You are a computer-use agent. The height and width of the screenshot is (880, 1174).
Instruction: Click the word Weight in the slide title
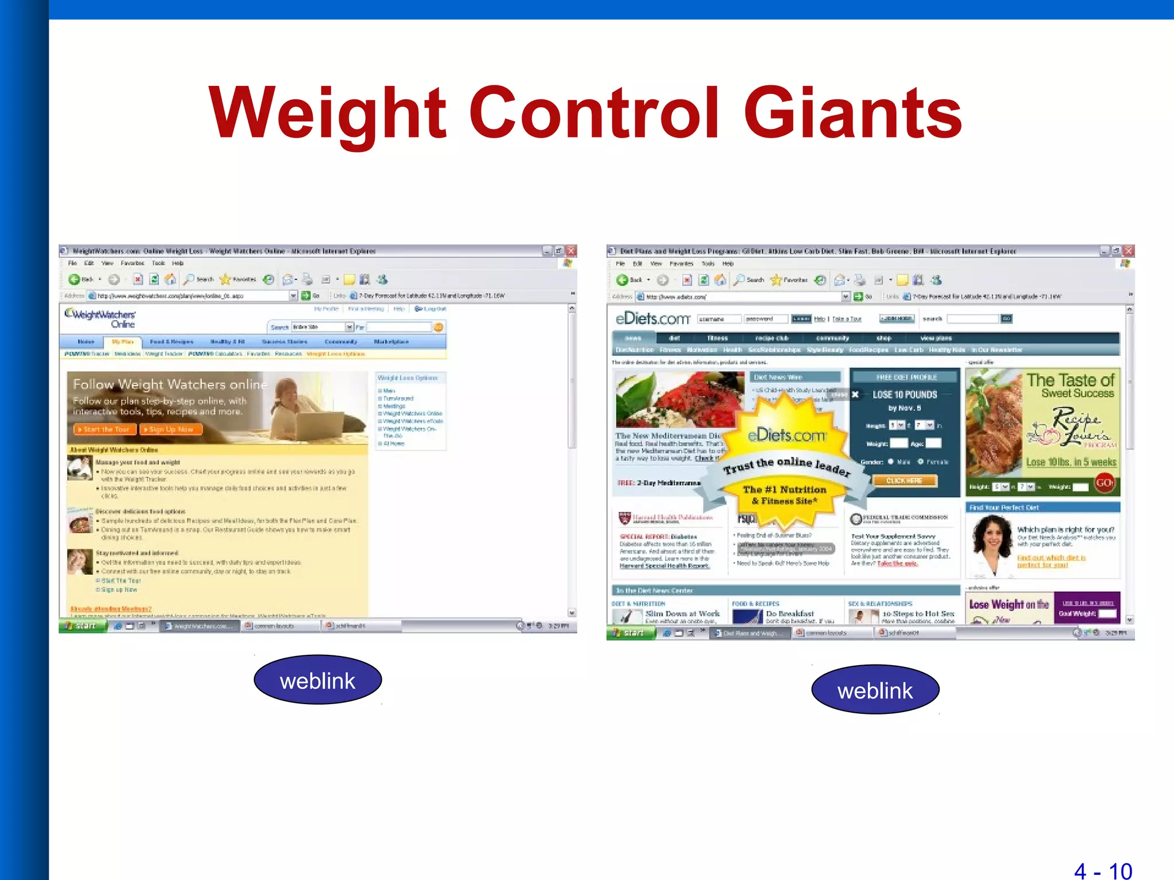pyautogui.click(x=327, y=113)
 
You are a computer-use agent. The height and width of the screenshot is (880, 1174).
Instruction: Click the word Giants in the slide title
pyautogui.click(x=852, y=113)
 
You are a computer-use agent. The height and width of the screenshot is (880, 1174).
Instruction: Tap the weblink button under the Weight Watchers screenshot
pyautogui.click(x=318, y=681)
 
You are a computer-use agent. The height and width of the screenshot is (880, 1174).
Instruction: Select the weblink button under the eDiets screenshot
pyautogui.click(x=875, y=690)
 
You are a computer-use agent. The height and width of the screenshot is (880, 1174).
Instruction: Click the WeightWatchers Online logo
pyautogui.click(x=101, y=318)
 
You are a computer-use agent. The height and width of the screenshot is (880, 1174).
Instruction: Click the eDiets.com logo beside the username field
pyautogui.click(x=652, y=319)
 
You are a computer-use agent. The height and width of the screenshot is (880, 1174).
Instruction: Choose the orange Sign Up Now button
pyautogui.click(x=171, y=429)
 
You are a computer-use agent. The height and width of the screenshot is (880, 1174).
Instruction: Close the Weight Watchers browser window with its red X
pyautogui.click(x=571, y=251)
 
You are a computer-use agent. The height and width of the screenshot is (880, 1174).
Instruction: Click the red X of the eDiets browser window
pyautogui.click(x=1128, y=251)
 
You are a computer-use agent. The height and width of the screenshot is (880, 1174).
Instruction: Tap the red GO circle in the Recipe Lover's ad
pyautogui.click(x=1105, y=484)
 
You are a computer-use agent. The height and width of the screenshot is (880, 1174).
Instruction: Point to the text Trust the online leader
pyautogui.click(x=786, y=466)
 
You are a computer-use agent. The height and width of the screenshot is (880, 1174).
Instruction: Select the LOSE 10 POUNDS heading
pyautogui.click(x=905, y=395)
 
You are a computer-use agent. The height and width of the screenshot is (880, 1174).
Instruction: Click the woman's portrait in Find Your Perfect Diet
pyautogui.click(x=990, y=544)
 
